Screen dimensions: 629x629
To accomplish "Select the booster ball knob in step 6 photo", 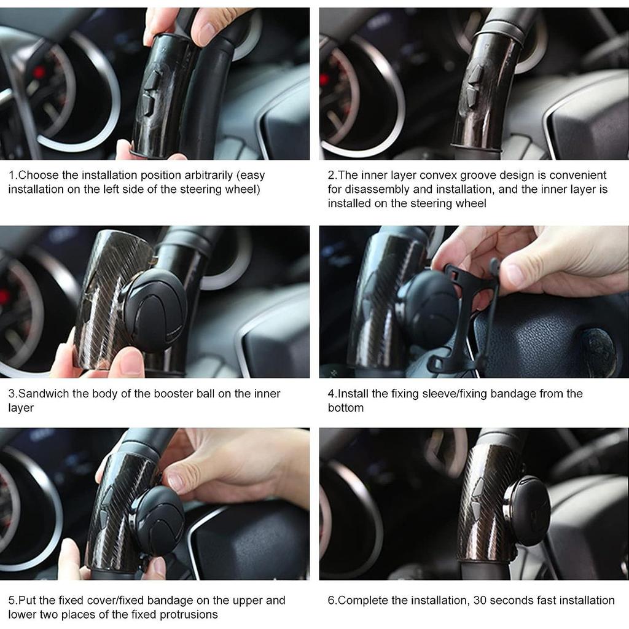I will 527,510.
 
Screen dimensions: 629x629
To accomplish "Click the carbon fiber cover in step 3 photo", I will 107,295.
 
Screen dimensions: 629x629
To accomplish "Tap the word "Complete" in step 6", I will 364,600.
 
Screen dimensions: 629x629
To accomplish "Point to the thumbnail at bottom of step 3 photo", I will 130,362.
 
